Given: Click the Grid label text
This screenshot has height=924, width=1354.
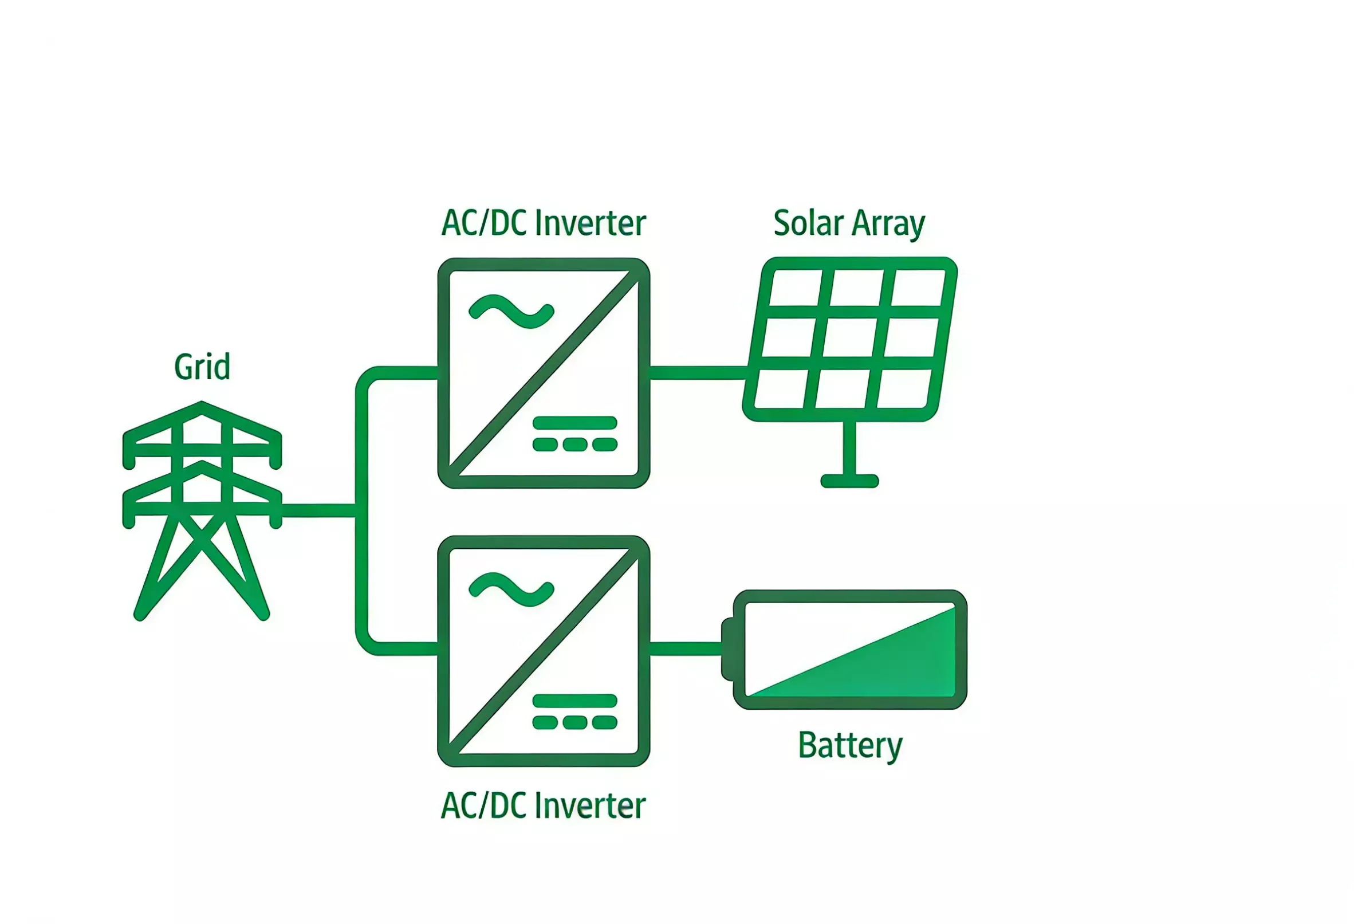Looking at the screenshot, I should pyautogui.click(x=202, y=368).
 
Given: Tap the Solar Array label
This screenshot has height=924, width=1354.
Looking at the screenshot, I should pyautogui.click(x=848, y=224).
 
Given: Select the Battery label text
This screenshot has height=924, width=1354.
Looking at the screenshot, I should pyautogui.click(x=849, y=745).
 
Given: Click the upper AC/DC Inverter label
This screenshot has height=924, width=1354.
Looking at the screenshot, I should pyautogui.click(x=543, y=224).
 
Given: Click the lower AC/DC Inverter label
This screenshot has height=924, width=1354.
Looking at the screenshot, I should pyautogui.click(x=543, y=806).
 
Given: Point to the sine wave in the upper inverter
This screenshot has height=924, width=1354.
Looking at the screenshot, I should pyautogui.click(x=511, y=312).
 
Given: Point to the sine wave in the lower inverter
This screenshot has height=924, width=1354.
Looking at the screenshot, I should pyautogui.click(x=511, y=590).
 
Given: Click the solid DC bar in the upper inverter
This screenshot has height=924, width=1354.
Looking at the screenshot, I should pyautogui.click(x=574, y=422).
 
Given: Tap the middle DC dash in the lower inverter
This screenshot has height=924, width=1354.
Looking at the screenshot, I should pyautogui.click(x=574, y=723).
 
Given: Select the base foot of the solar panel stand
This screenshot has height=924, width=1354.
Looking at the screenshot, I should pyautogui.click(x=849, y=481).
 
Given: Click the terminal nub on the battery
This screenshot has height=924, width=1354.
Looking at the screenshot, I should pyautogui.click(x=727, y=649).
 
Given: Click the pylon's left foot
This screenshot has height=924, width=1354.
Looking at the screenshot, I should pyautogui.click(x=140, y=615).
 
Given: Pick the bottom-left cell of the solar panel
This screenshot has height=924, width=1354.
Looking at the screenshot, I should pyautogui.click(x=781, y=388).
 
